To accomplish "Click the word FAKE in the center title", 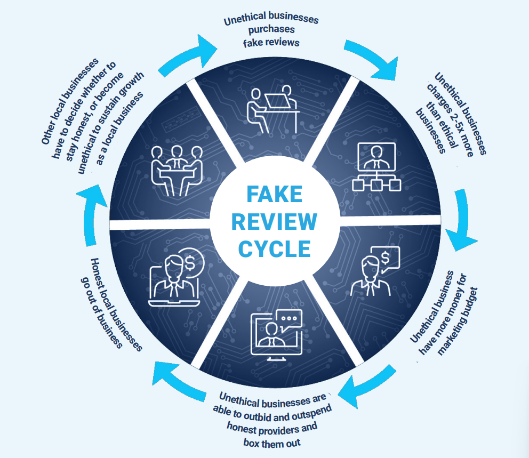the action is pyautogui.click(x=274, y=194).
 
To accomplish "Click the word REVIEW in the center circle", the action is pyautogui.click(x=274, y=222).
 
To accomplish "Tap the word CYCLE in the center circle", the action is pyautogui.click(x=274, y=249).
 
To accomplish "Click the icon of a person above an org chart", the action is pyautogui.click(x=376, y=166).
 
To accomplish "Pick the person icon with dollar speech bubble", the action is pyautogui.click(x=375, y=271).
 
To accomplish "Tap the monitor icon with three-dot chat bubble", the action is pyautogui.click(x=276, y=334).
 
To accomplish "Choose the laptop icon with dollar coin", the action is pyautogui.click(x=176, y=278).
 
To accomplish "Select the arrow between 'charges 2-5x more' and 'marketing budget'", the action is pyautogui.click(x=461, y=219).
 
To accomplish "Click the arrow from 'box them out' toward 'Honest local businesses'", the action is pyautogui.click(x=178, y=381).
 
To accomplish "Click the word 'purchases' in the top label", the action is pyautogui.click(x=271, y=30).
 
